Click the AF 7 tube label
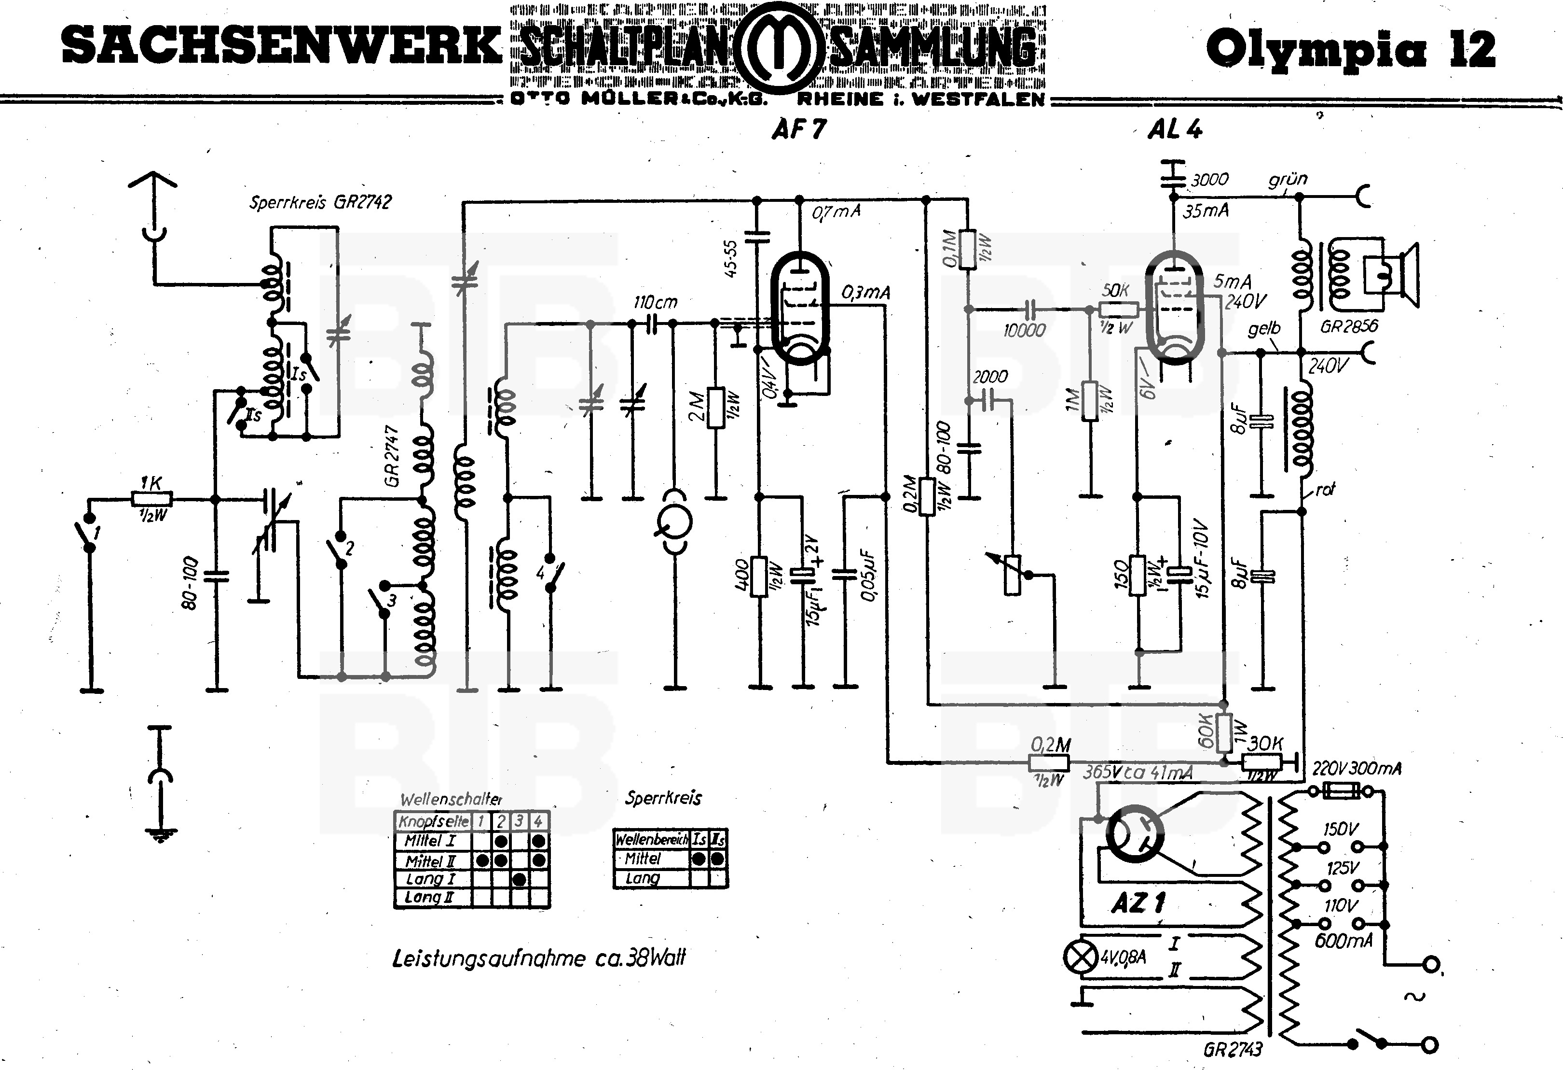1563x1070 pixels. coord(798,128)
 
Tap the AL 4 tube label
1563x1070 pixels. coord(1174,128)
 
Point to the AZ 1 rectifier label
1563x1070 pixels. coord(1138,902)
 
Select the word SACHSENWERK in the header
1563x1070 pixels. coord(281,46)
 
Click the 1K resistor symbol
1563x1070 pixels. coord(151,499)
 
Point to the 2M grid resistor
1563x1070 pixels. coord(716,407)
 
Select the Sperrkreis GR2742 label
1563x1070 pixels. coord(320,202)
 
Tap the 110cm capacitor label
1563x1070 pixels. coord(655,302)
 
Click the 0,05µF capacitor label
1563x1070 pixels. coord(867,576)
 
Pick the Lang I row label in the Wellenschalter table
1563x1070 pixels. coord(430,879)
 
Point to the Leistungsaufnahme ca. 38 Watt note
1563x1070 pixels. coord(538,957)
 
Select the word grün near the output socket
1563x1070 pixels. coord(1287,179)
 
